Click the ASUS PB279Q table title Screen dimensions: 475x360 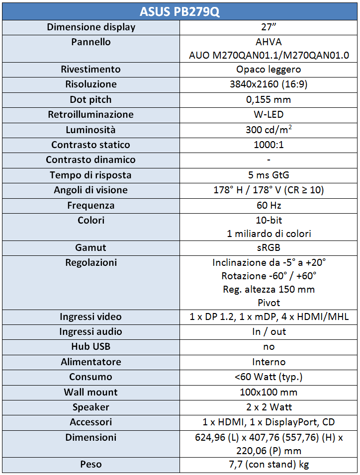coord(180,11)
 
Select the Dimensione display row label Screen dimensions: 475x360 coord(91,27)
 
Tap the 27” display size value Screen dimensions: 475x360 coord(269,27)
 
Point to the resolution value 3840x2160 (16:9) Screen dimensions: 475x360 coord(269,84)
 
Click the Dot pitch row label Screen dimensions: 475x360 coord(91,99)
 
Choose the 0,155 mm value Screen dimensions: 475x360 coord(269,99)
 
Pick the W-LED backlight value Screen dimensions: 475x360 coord(269,114)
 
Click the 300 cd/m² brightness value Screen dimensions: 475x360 coord(269,130)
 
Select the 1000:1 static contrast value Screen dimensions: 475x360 coord(269,145)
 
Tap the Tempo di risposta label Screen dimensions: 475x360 coord(91,175)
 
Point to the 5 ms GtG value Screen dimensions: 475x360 coord(269,175)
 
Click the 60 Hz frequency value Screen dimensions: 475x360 coord(269,205)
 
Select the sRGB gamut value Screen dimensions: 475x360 coord(269,247)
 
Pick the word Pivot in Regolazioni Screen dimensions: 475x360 coord(269,303)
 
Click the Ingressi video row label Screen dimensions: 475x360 coord(91,317)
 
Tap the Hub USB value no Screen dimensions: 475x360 coord(269,347)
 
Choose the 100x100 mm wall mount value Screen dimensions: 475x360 coord(269,392)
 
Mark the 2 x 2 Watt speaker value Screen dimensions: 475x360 coord(269,407)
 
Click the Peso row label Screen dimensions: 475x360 coord(91,464)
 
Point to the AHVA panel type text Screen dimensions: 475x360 coord(269,42)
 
